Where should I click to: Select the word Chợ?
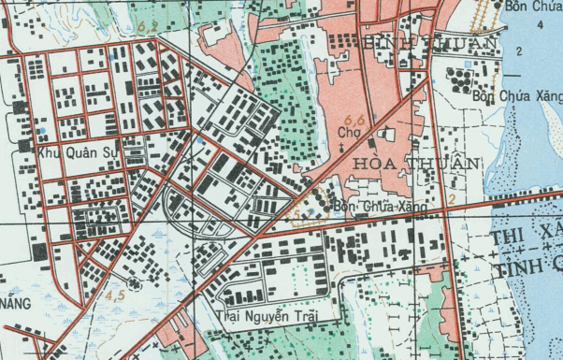click(349, 134)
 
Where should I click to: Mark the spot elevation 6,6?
click(354, 120)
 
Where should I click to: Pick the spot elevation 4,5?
click(116, 295)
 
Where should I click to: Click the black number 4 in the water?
click(540, 24)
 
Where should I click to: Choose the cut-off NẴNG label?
click(16, 304)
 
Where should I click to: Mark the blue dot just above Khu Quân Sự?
click(42, 129)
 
